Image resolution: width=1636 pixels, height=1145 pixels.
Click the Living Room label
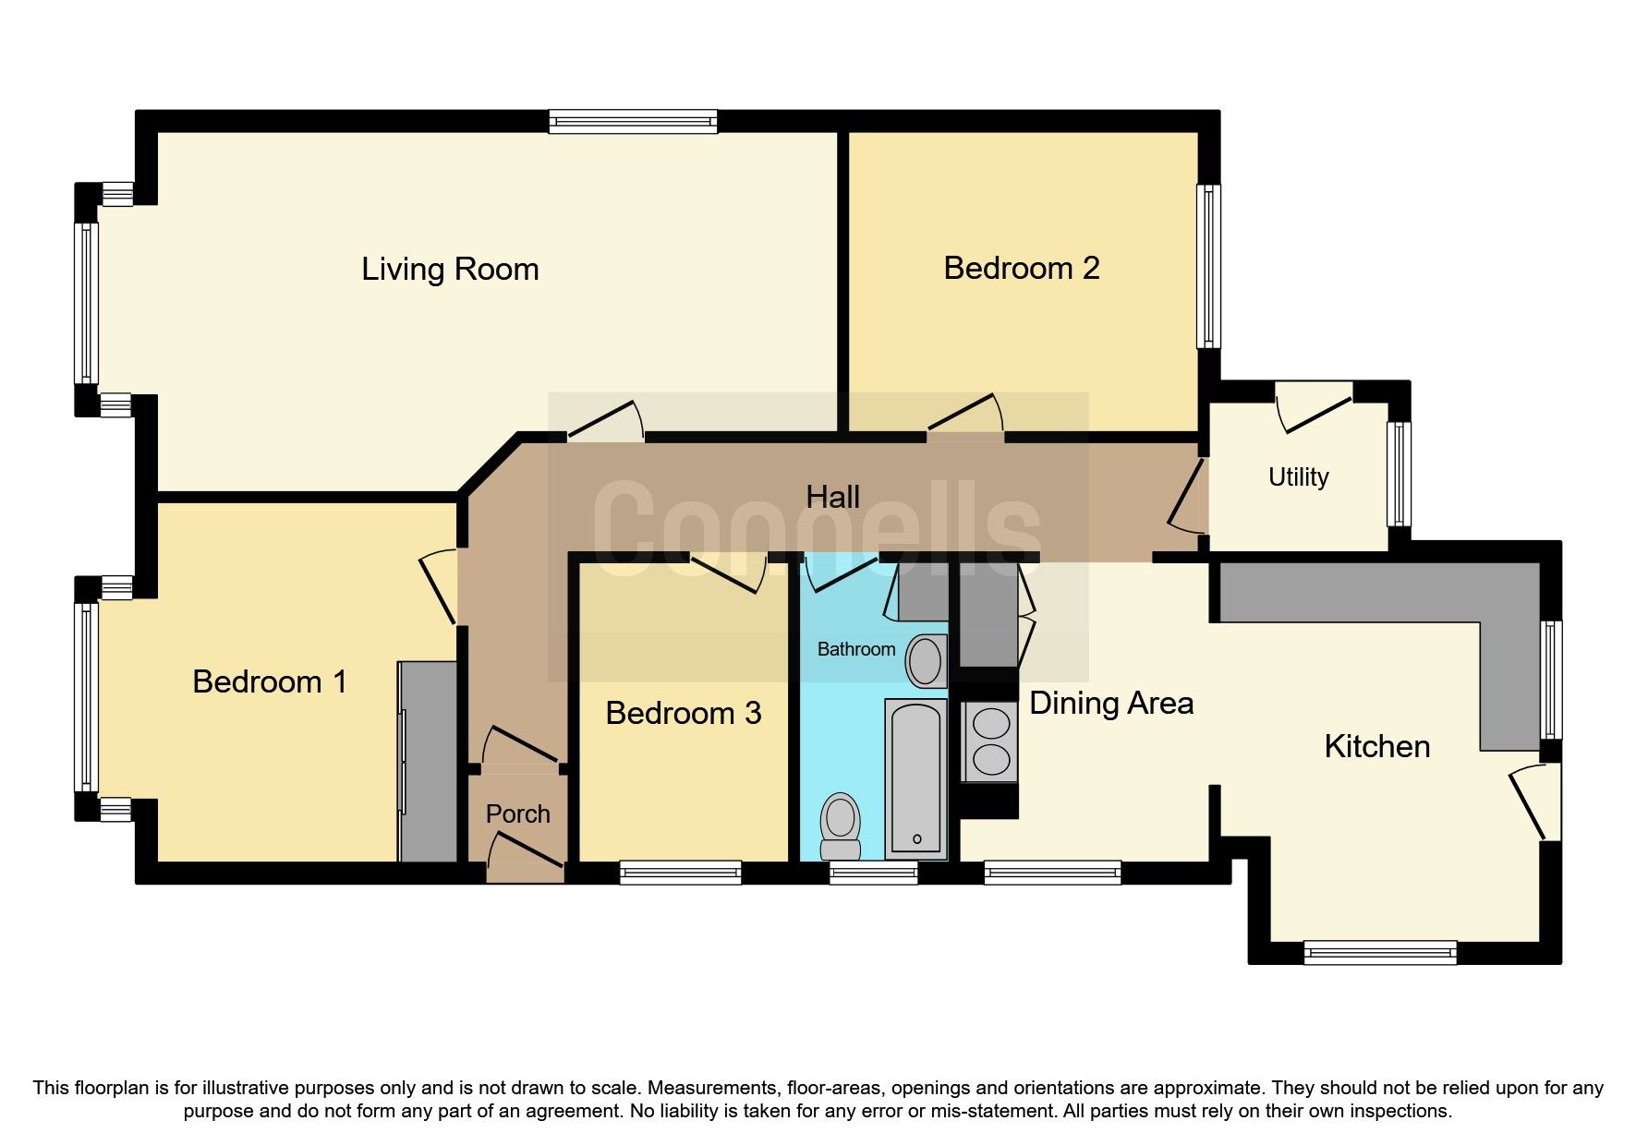point(450,270)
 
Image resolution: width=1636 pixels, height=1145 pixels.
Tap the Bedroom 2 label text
point(1021,269)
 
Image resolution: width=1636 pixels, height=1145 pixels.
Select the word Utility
point(1298,477)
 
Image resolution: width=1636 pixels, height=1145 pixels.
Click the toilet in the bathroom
point(840,825)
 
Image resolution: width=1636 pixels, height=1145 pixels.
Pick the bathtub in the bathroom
point(915,778)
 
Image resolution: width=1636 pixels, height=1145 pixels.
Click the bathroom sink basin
point(926,661)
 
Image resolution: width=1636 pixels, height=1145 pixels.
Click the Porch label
point(517,814)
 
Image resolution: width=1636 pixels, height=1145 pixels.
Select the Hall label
point(832,498)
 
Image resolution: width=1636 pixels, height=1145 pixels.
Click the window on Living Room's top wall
point(633,121)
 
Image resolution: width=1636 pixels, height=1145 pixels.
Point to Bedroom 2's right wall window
point(1208,266)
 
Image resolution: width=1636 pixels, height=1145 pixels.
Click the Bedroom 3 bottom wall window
point(680,872)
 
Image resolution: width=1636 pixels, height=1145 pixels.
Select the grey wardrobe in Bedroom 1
point(428,762)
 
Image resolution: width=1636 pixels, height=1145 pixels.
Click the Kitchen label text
point(1376,747)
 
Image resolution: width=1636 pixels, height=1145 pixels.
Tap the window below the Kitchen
point(1379,952)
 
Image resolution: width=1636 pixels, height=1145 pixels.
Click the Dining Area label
point(1111,704)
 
